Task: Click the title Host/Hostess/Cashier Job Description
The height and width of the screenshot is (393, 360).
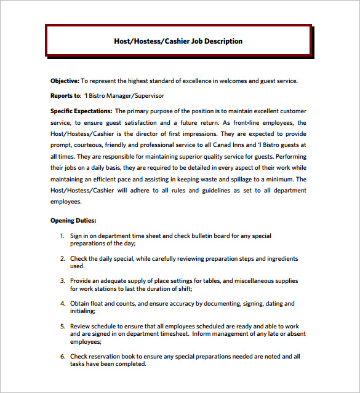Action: (x=178, y=41)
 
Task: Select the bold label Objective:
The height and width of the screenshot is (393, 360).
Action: (x=65, y=81)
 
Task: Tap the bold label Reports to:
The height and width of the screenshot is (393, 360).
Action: (x=65, y=96)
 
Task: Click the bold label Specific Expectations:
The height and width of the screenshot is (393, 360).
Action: (x=81, y=111)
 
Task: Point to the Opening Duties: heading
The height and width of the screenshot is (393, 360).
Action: (x=73, y=220)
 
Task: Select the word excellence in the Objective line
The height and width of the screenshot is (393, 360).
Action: (x=195, y=81)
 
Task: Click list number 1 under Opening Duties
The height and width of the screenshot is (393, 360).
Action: (x=62, y=236)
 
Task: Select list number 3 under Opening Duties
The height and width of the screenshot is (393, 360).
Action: (x=62, y=281)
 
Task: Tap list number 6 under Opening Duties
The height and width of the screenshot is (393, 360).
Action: (x=62, y=356)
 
